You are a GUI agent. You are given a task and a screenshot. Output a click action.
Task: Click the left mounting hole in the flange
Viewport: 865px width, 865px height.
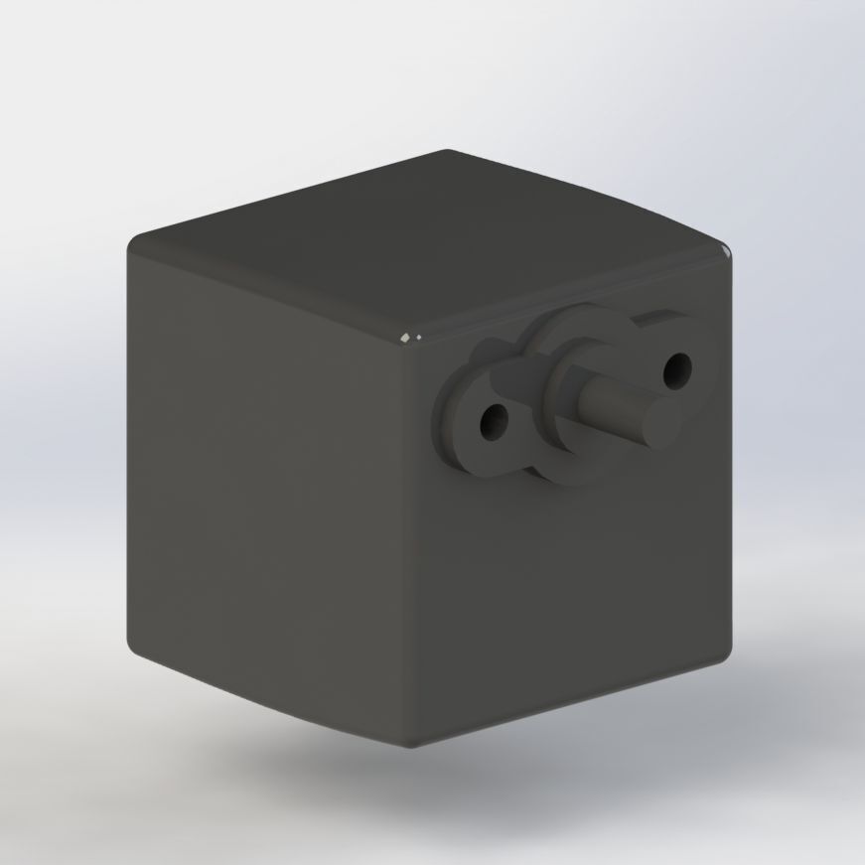click(x=492, y=424)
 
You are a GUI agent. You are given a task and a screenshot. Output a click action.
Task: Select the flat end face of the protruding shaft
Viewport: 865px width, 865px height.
click(x=658, y=419)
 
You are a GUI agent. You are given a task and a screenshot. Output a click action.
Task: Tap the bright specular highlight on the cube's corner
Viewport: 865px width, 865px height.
click(x=408, y=340)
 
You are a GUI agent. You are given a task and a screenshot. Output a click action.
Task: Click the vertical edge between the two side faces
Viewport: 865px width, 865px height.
click(x=409, y=556)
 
